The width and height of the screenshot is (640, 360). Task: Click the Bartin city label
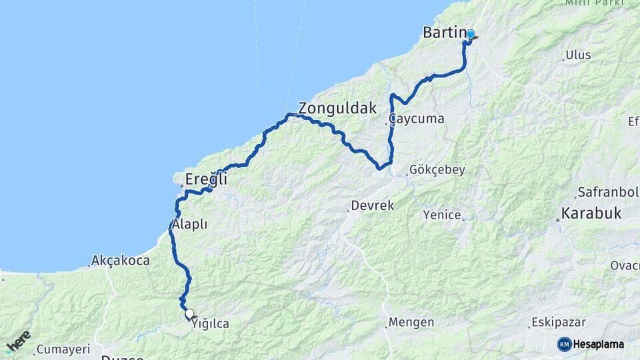coord(444,32)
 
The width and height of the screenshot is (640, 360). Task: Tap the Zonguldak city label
coord(337,108)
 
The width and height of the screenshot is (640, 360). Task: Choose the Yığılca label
coord(210,324)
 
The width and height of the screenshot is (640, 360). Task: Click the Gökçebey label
coord(437,170)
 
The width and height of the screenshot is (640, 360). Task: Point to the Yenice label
coord(441,215)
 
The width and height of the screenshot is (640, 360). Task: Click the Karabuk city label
coord(591,214)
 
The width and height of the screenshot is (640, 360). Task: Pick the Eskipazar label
coord(558,323)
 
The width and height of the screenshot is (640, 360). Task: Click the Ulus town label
coord(578,55)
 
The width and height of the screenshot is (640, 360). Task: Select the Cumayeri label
coord(63,349)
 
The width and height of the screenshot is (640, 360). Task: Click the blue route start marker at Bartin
coord(471,35)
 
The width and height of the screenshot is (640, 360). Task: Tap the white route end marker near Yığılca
coord(189,313)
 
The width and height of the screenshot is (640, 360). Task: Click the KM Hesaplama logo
coord(591,344)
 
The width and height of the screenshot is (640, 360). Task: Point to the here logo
coord(18,343)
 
